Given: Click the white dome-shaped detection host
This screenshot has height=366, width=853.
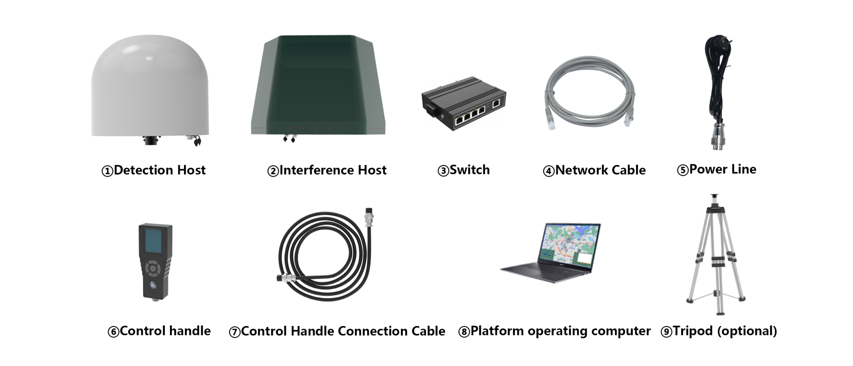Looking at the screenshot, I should click(150, 89).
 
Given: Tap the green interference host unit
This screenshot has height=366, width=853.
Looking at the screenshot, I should click(318, 85).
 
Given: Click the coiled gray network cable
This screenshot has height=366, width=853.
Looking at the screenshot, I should click(589, 92).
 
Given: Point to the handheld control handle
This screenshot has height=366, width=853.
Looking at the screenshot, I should click(155, 261).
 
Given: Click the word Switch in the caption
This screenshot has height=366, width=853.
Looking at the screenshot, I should click(469, 170).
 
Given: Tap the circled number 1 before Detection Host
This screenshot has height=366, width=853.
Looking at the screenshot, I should click(107, 171).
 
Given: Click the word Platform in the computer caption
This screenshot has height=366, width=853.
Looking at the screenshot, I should click(497, 331).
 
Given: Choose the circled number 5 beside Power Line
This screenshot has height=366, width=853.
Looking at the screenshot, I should click(683, 170).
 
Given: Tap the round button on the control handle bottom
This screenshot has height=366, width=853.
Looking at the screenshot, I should click(153, 285).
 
